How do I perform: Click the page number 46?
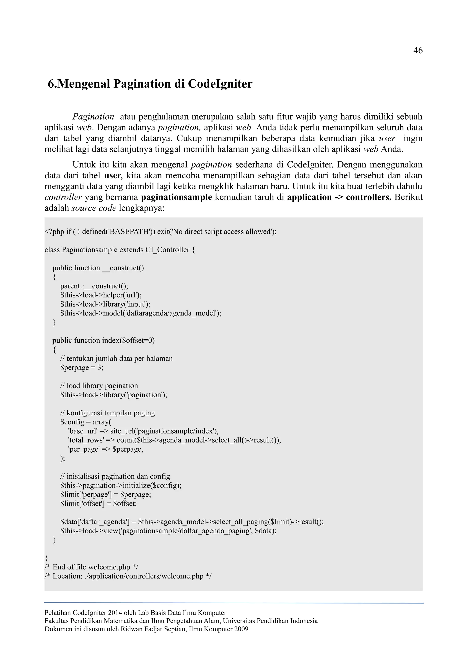pyautogui.click(x=418, y=51)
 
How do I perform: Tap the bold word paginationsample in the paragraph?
pyautogui.click(x=176, y=198)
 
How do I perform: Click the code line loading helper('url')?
pyautogui.click(x=101, y=295)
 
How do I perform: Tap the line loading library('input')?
pyautogui.click(x=105, y=304)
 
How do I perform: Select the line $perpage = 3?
pyautogui.click(x=82, y=368)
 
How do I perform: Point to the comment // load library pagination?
pyautogui.click(x=99, y=386)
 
